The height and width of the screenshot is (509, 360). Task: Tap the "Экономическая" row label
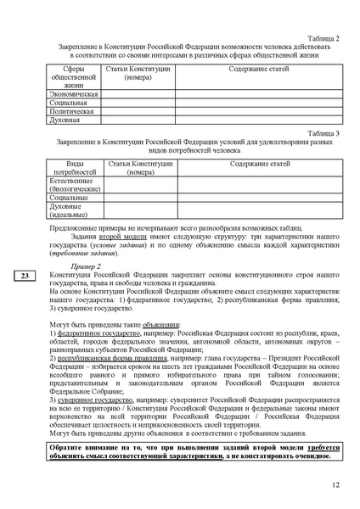pos(74,93)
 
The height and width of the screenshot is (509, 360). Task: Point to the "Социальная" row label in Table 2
pos(70,103)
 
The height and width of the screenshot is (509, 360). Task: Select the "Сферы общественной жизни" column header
pos(74,76)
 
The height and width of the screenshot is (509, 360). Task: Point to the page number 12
pos(335,484)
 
